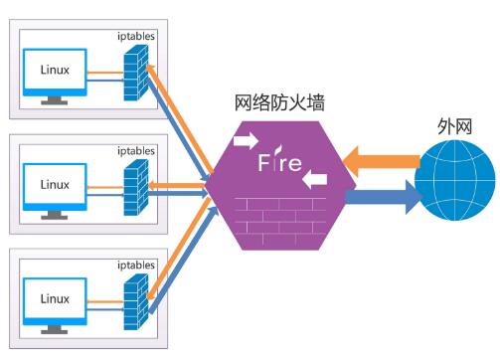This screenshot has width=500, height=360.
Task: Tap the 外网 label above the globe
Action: click(x=453, y=127)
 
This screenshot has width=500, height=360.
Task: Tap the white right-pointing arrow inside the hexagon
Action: click(x=244, y=140)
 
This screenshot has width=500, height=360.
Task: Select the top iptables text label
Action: click(x=136, y=37)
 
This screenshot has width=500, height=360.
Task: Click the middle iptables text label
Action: click(x=136, y=151)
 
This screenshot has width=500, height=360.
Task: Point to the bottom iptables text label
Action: click(x=136, y=266)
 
